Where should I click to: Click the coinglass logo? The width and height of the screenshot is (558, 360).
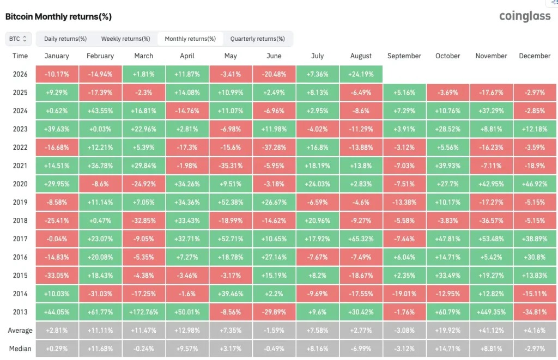click(525, 16)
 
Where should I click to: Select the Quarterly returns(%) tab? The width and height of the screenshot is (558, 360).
click(257, 39)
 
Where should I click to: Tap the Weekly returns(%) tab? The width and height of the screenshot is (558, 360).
click(126, 39)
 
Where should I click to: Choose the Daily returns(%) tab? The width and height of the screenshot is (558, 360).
click(65, 39)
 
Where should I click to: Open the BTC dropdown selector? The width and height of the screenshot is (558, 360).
click(18, 39)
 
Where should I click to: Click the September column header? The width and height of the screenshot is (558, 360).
click(404, 56)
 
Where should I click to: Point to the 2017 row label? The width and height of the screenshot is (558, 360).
click(20, 239)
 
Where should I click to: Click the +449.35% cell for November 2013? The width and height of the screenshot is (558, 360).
click(491, 312)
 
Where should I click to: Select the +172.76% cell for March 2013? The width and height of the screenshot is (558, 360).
click(144, 312)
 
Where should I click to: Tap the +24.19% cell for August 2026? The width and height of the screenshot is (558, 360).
click(361, 74)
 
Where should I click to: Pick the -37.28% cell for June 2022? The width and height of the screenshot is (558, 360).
click(274, 147)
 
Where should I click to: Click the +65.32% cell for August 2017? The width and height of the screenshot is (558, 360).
click(361, 239)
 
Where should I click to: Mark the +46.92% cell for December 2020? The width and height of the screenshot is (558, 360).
click(535, 184)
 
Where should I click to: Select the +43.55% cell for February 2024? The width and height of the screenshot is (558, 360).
click(100, 111)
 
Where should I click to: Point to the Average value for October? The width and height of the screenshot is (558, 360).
click(448, 330)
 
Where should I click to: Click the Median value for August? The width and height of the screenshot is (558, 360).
click(361, 349)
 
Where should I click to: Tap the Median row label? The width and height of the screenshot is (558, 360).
click(20, 349)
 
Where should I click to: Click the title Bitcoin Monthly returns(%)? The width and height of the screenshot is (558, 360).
click(58, 17)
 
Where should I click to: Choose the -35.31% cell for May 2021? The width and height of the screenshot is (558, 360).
click(231, 166)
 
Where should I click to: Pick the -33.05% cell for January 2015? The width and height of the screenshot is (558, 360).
click(57, 276)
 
